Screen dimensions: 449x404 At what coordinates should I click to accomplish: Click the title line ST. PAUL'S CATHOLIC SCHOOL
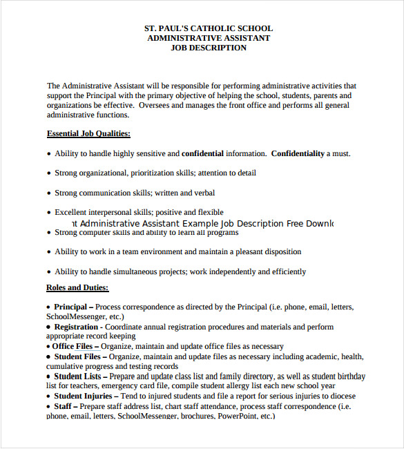(208, 28)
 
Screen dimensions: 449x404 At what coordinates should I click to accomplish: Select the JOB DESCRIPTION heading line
(208, 48)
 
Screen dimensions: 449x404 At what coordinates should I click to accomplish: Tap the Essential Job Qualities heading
(88, 133)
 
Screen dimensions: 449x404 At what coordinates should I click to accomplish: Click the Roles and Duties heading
(77, 287)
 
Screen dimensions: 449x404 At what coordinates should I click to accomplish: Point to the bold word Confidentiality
(297, 153)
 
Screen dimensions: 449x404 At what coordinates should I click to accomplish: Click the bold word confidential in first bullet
(202, 153)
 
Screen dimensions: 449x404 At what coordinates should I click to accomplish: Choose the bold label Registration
(76, 327)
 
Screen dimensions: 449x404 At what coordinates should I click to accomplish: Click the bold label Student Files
(77, 356)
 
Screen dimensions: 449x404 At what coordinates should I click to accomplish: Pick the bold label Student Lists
(77, 376)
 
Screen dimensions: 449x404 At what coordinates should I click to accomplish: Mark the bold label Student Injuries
(83, 396)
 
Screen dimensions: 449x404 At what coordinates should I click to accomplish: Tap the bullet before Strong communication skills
(48, 193)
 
